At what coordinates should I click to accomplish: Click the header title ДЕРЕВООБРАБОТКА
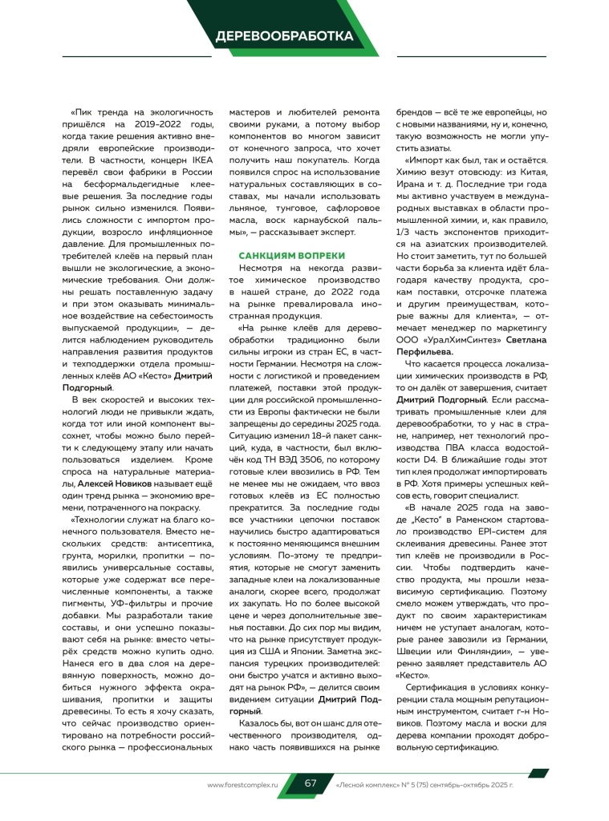click(284, 36)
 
